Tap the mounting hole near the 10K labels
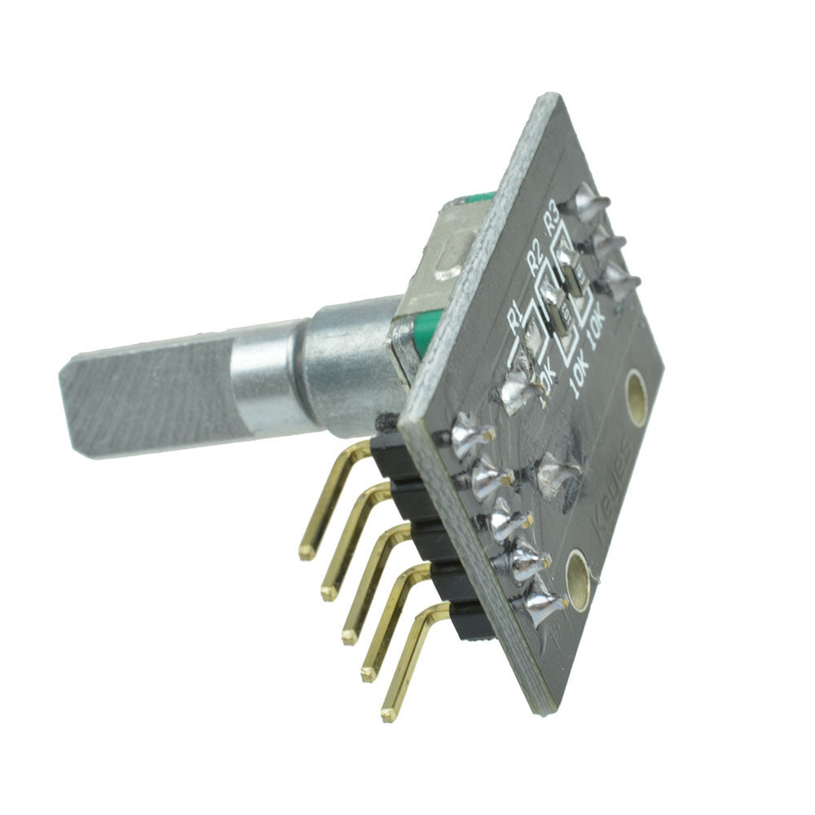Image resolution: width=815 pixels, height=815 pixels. point(636,396)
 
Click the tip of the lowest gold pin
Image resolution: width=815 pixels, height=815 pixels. point(389,715)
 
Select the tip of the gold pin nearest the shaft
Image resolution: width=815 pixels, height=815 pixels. point(306,552)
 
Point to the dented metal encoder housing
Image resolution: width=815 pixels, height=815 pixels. point(444,261)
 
